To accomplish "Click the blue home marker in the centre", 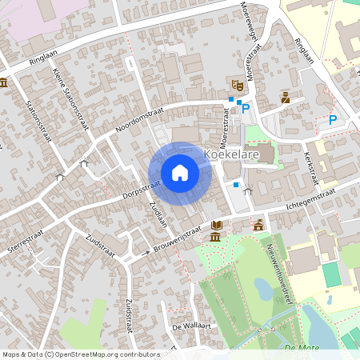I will (180, 172).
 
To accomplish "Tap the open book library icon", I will (218, 225).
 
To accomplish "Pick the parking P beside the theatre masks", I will (246, 108).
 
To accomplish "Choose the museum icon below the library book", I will (215, 237).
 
